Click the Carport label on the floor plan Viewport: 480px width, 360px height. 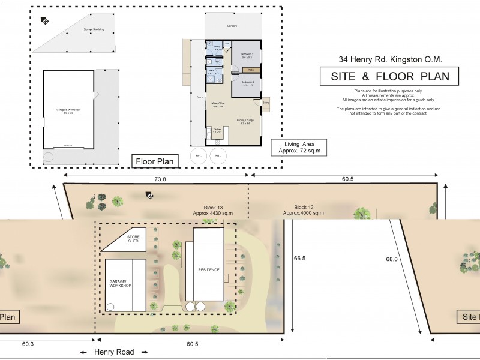tap(232, 26)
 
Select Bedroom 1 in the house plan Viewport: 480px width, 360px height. tap(247, 55)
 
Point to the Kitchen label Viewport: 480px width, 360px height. tap(217, 130)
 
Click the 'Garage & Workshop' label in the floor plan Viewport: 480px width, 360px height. tap(68, 110)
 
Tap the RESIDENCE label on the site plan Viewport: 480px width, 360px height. tap(209, 269)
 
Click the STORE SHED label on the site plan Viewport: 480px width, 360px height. tap(133, 239)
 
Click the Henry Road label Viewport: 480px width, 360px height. tap(114, 352)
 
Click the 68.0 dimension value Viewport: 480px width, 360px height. tap(392, 259)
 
